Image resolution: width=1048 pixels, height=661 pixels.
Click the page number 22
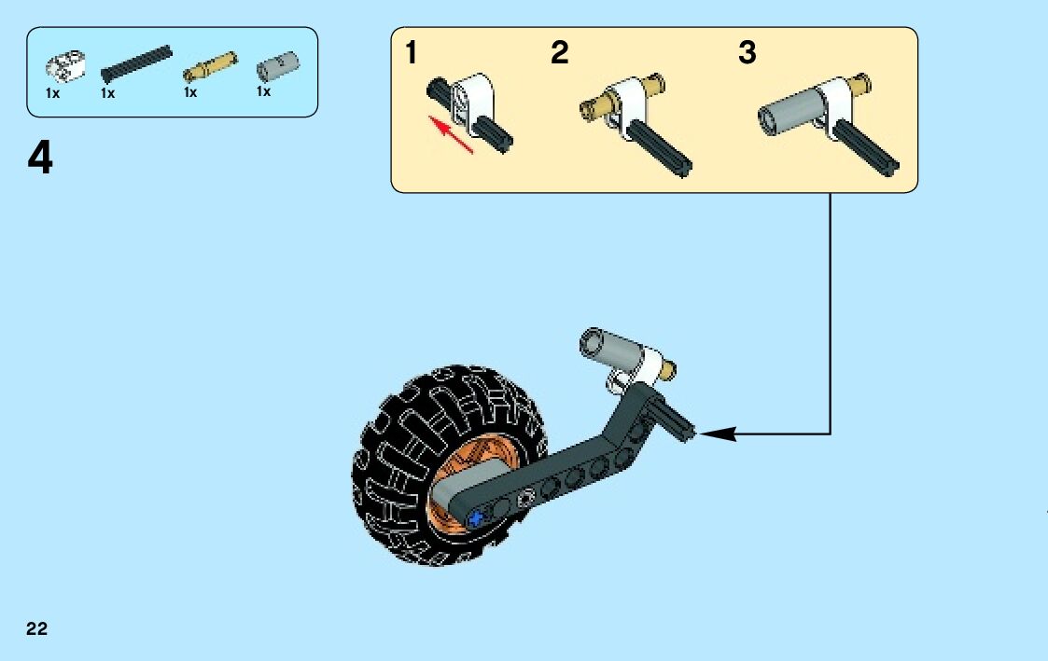(x=37, y=628)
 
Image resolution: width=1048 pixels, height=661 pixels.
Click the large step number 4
(x=40, y=159)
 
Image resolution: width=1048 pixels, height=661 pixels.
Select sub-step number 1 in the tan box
(x=412, y=53)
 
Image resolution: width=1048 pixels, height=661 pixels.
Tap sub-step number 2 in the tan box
(x=559, y=53)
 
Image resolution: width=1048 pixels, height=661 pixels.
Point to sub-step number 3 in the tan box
(x=747, y=53)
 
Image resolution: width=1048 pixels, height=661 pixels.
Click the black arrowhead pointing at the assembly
(x=718, y=433)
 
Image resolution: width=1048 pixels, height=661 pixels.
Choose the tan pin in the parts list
(x=209, y=67)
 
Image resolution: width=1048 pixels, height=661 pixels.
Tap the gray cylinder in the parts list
(x=277, y=66)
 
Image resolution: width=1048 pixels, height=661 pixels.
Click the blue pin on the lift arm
(x=480, y=517)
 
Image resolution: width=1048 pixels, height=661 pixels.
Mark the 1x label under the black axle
(x=107, y=93)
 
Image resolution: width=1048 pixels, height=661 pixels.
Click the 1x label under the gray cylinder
(x=264, y=92)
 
